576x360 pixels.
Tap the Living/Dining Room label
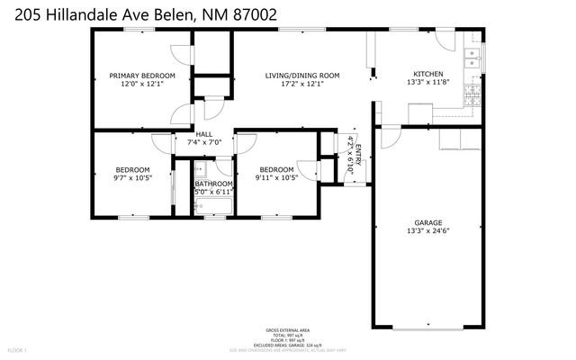click(301, 76)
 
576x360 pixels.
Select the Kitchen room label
click(427, 74)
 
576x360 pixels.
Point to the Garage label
click(428, 220)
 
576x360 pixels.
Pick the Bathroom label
click(213, 184)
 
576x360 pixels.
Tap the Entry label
click(358, 151)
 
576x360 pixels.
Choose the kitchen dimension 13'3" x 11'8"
click(427, 84)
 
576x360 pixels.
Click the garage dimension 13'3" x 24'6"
click(428, 230)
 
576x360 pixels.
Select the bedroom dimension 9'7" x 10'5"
click(132, 178)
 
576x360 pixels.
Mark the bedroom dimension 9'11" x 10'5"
click(276, 178)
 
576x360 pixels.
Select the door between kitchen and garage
click(388, 137)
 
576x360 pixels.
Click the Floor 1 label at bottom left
click(18, 349)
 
